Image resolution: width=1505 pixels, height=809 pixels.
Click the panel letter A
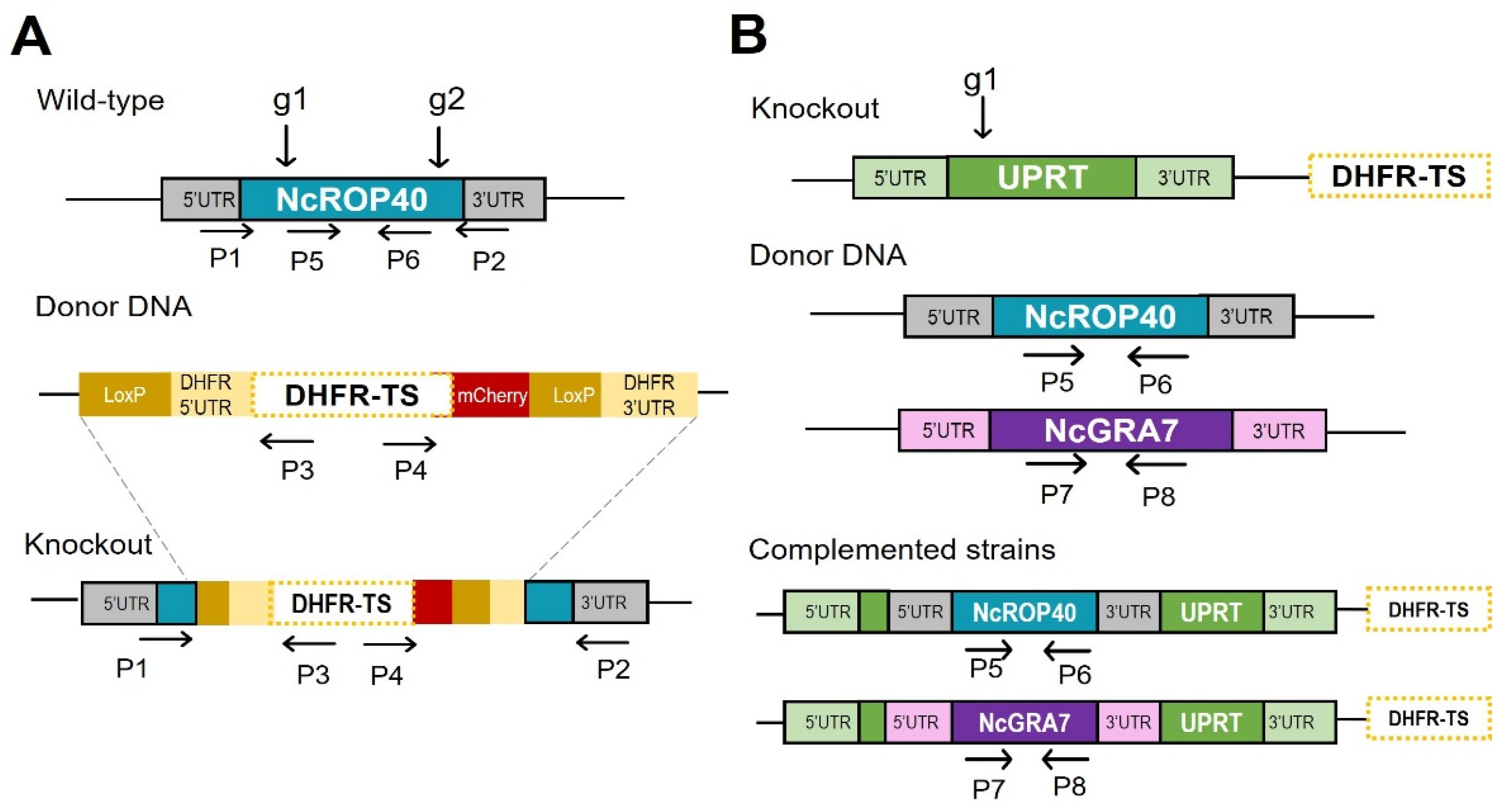click(x=31, y=36)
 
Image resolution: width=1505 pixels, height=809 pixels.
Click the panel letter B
click(x=749, y=35)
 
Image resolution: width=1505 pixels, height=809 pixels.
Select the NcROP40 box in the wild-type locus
click(x=352, y=199)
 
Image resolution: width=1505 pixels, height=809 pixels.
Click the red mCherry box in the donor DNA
click(x=491, y=395)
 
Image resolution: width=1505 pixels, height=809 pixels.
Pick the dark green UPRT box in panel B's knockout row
click(x=1042, y=177)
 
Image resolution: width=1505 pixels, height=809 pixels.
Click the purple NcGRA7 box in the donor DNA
click(x=1111, y=431)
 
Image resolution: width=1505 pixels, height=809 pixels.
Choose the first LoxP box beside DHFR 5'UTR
click(x=124, y=395)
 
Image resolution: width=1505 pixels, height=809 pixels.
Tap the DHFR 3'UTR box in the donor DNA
click(x=649, y=395)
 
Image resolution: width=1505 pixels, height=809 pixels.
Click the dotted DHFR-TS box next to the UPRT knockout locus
click(x=1399, y=176)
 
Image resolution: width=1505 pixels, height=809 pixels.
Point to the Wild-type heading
click(x=100, y=100)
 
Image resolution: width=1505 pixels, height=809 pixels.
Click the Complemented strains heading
click(x=902, y=550)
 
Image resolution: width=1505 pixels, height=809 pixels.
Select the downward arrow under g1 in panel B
click(x=983, y=117)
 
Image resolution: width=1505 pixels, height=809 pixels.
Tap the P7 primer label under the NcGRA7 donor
click(x=1056, y=495)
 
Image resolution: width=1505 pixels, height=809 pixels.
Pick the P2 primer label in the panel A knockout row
click(x=613, y=669)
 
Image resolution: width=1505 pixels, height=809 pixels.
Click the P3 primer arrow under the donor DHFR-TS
click(x=287, y=441)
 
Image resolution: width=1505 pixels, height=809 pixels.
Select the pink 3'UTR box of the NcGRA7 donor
click(x=1279, y=431)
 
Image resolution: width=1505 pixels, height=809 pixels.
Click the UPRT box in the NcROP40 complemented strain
click(x=1211, y=612)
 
